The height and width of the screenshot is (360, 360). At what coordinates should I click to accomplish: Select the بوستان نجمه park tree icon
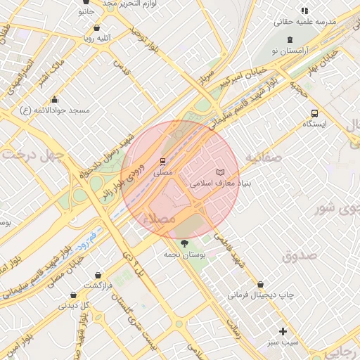pos(185,243)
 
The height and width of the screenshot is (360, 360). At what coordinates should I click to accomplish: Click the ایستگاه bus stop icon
pos(314,113)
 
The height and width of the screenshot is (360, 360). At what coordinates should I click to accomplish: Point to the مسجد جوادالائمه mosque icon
pos(55,100)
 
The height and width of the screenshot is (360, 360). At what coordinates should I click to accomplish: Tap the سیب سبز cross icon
pos(283,331)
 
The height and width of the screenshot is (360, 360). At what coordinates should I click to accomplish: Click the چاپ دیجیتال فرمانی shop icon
pos(262,285)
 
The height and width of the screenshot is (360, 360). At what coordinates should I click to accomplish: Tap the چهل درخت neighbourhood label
pos(32,154)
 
